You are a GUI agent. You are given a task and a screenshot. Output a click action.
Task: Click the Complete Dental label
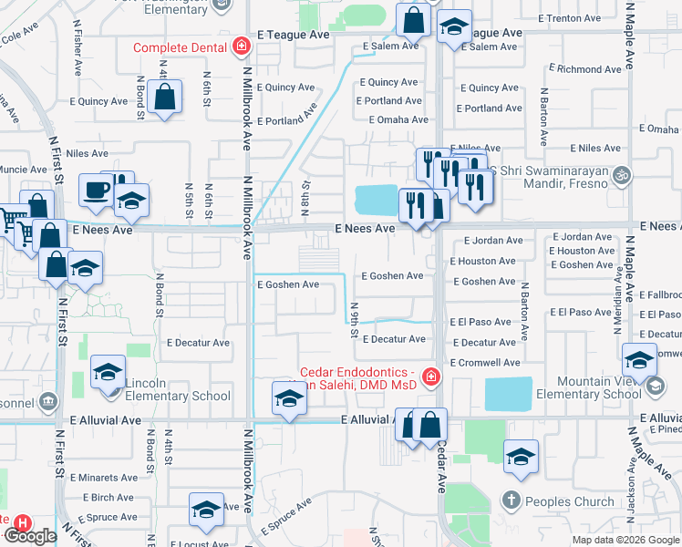tap(181, 47)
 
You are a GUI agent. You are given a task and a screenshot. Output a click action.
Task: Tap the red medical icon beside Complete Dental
tap(241, 46)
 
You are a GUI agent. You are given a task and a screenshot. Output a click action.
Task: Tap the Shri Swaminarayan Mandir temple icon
tap(622, 173)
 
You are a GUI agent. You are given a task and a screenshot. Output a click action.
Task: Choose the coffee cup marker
tap(96, 191)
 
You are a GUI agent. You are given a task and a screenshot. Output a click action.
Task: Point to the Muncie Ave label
tap(24, 170)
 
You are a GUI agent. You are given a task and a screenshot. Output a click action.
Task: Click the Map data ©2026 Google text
tap(625, 540)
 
